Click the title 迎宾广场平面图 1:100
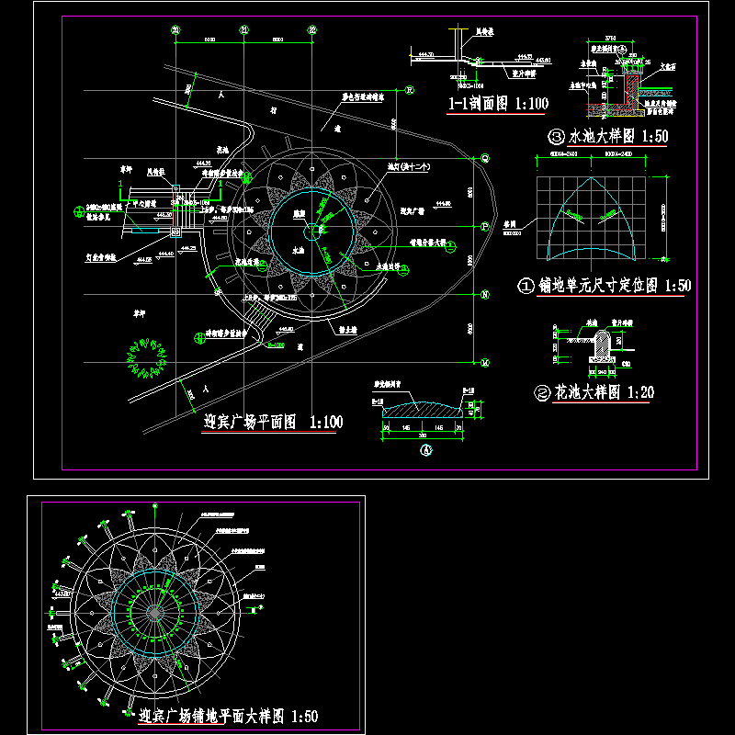(272, 424)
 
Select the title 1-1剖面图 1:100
(498, 104)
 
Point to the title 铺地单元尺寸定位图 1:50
(614, 286)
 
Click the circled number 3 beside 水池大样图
(556, 137)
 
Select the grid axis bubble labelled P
(485, 226)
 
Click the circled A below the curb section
(424, 451)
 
